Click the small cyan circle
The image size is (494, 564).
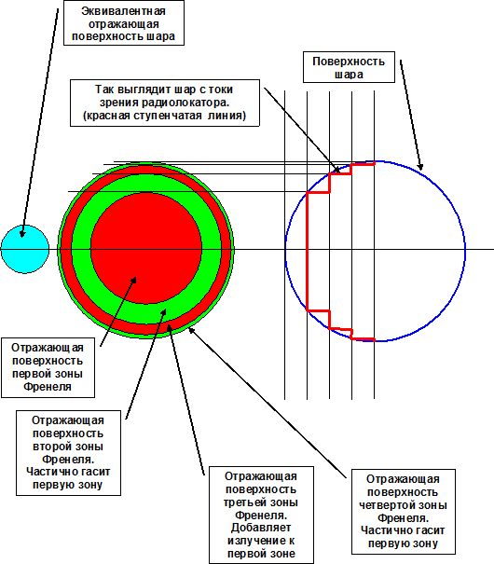[x=25, y=249]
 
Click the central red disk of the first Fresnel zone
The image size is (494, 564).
[x=146, y=248]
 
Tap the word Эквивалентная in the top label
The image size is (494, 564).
[x=123, y=11]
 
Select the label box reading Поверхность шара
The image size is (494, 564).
[x=349, y=67]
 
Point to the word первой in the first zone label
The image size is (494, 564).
[x=27, y=374]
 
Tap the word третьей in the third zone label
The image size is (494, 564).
[x=242, y=502]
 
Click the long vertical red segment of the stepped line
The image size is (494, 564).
[x=307, y=251]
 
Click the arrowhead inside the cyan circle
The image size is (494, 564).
[x=22, y=233]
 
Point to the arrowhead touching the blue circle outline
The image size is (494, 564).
[x=420, y=166]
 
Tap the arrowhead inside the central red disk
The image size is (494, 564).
[x=133, y=280]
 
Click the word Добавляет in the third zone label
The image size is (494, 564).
[x=261, y=528]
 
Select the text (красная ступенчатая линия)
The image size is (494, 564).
[x=164, y=116]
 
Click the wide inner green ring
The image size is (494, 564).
[x=81, y=248]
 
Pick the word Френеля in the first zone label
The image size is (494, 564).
[x=48, y=387]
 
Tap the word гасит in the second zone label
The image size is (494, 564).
[x=90, y=472]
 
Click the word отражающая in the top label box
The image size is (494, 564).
[x=123, y=24]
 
